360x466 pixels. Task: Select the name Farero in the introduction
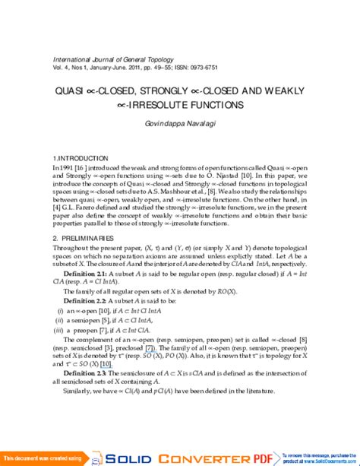coord(86,211)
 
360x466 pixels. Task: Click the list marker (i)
coord(60,332)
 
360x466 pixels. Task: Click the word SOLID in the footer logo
coord(131,459)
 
